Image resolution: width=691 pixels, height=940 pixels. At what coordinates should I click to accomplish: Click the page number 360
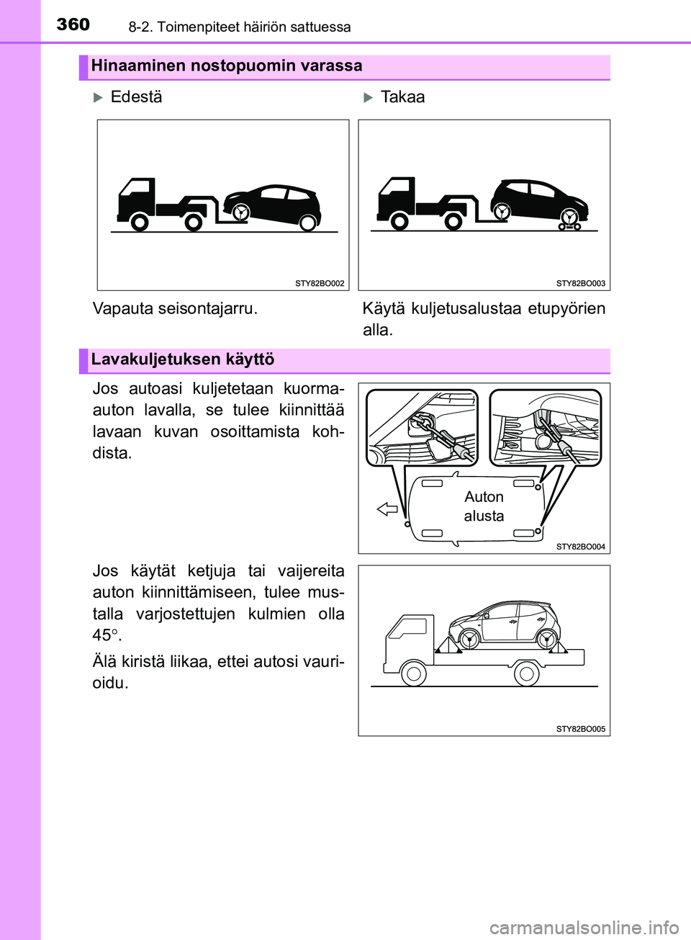coord(73,24)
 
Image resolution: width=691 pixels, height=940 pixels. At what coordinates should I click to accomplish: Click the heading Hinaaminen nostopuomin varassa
coord(226,66)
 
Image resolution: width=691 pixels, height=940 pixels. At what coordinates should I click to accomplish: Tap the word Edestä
coord(136,97)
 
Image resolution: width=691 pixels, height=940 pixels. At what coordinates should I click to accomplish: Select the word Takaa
coord(402,97)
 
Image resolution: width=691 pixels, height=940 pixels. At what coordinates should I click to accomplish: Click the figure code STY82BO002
coord(320,284)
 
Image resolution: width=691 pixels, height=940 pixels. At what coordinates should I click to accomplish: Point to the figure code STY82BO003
coord(580,284)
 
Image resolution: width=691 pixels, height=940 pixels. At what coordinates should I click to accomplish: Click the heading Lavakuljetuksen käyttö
coord(182,359)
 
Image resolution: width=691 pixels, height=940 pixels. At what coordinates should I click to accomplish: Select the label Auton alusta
coord(484,506)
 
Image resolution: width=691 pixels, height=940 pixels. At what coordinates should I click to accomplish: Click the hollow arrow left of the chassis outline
coord(387,509)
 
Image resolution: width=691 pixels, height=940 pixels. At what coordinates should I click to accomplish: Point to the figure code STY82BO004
coord(580,547)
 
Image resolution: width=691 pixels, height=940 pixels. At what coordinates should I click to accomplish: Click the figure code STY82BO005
coord(580,729)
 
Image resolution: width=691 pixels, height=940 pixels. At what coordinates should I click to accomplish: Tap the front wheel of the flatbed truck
coord(413,674)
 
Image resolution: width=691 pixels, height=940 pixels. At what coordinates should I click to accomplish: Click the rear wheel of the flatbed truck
coord(526,674)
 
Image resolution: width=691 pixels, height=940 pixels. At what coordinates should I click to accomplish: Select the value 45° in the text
coord(106,635)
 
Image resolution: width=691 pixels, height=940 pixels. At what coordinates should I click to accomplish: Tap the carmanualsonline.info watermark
coord(584,927)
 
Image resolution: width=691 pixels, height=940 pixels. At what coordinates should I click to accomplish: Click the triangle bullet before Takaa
coord(368,98)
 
